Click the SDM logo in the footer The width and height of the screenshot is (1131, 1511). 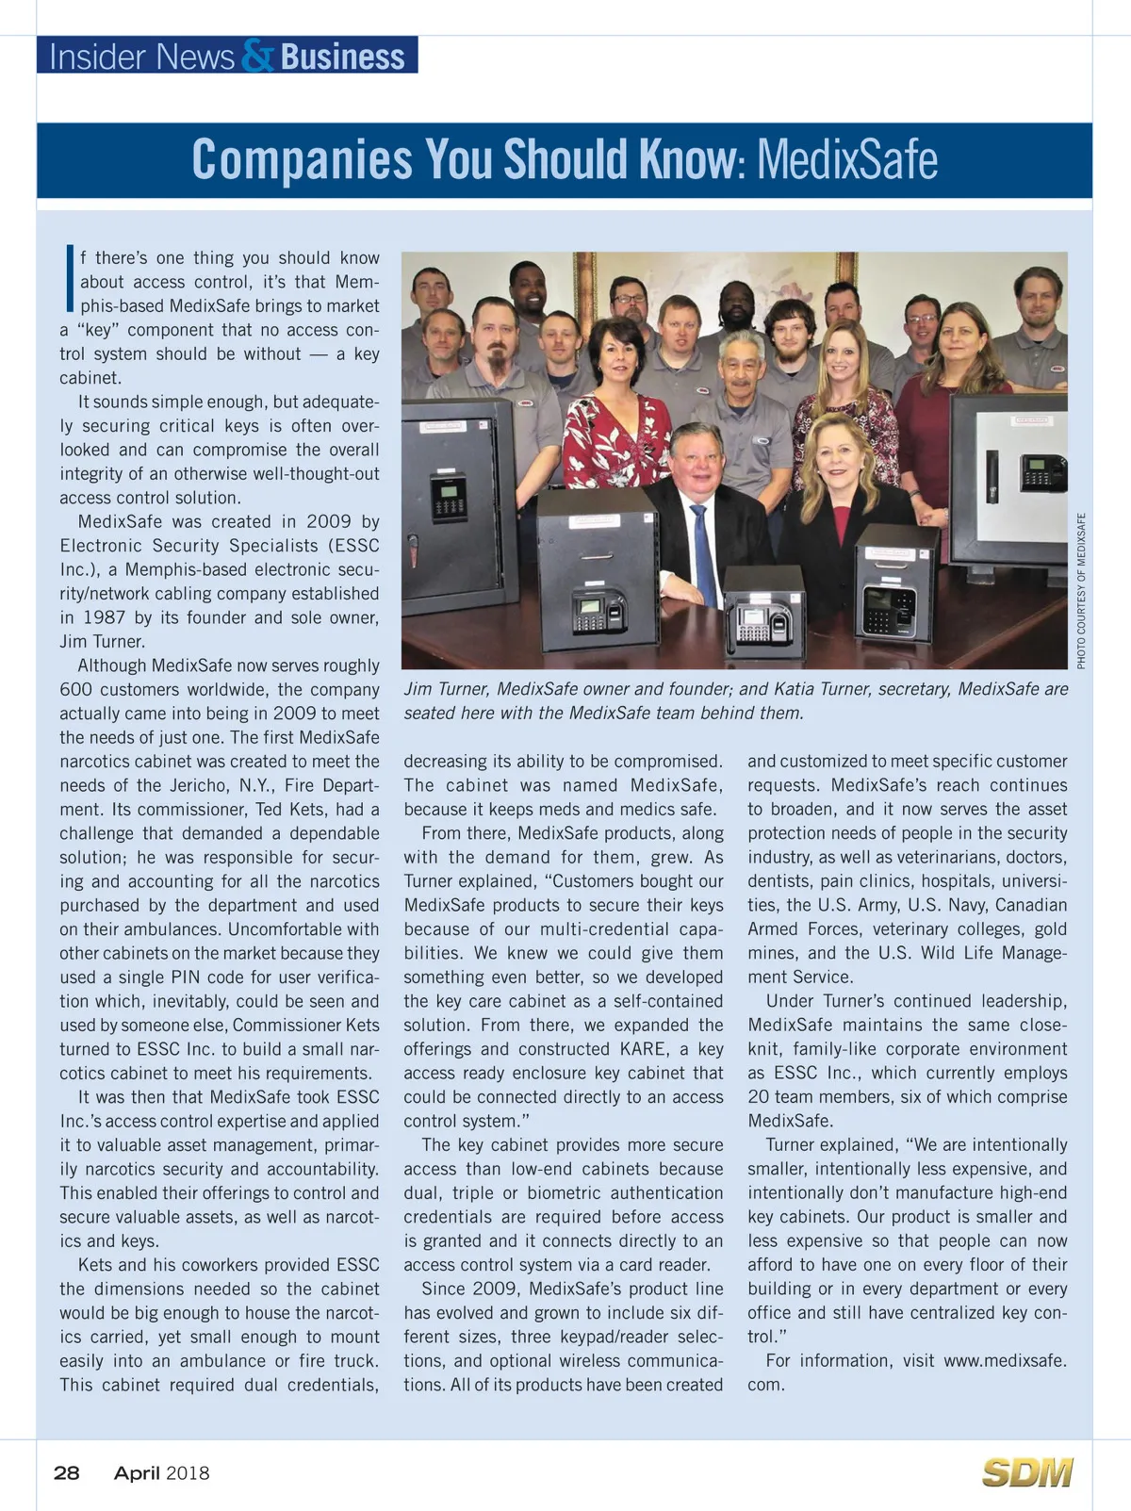tap(1027, 1472)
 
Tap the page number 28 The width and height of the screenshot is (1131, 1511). tap(67, 1472)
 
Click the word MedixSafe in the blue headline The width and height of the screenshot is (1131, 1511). tap(847, 159)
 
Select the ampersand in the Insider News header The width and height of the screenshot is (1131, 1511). tap(257, 56)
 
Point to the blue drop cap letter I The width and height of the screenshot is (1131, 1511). tap(69, 279)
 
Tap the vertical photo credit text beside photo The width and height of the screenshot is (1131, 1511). tap(1081, 590)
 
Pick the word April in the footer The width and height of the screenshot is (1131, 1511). tap(137, 1472)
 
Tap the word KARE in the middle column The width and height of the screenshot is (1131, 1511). tap(642, 1048)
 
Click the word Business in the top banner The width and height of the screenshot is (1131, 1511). tap(342, 57)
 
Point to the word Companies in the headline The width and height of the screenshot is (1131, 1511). tap(302, 159)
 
